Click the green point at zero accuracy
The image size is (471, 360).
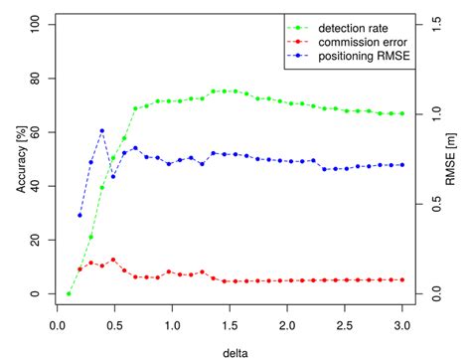69,293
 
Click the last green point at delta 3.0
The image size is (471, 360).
402,113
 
